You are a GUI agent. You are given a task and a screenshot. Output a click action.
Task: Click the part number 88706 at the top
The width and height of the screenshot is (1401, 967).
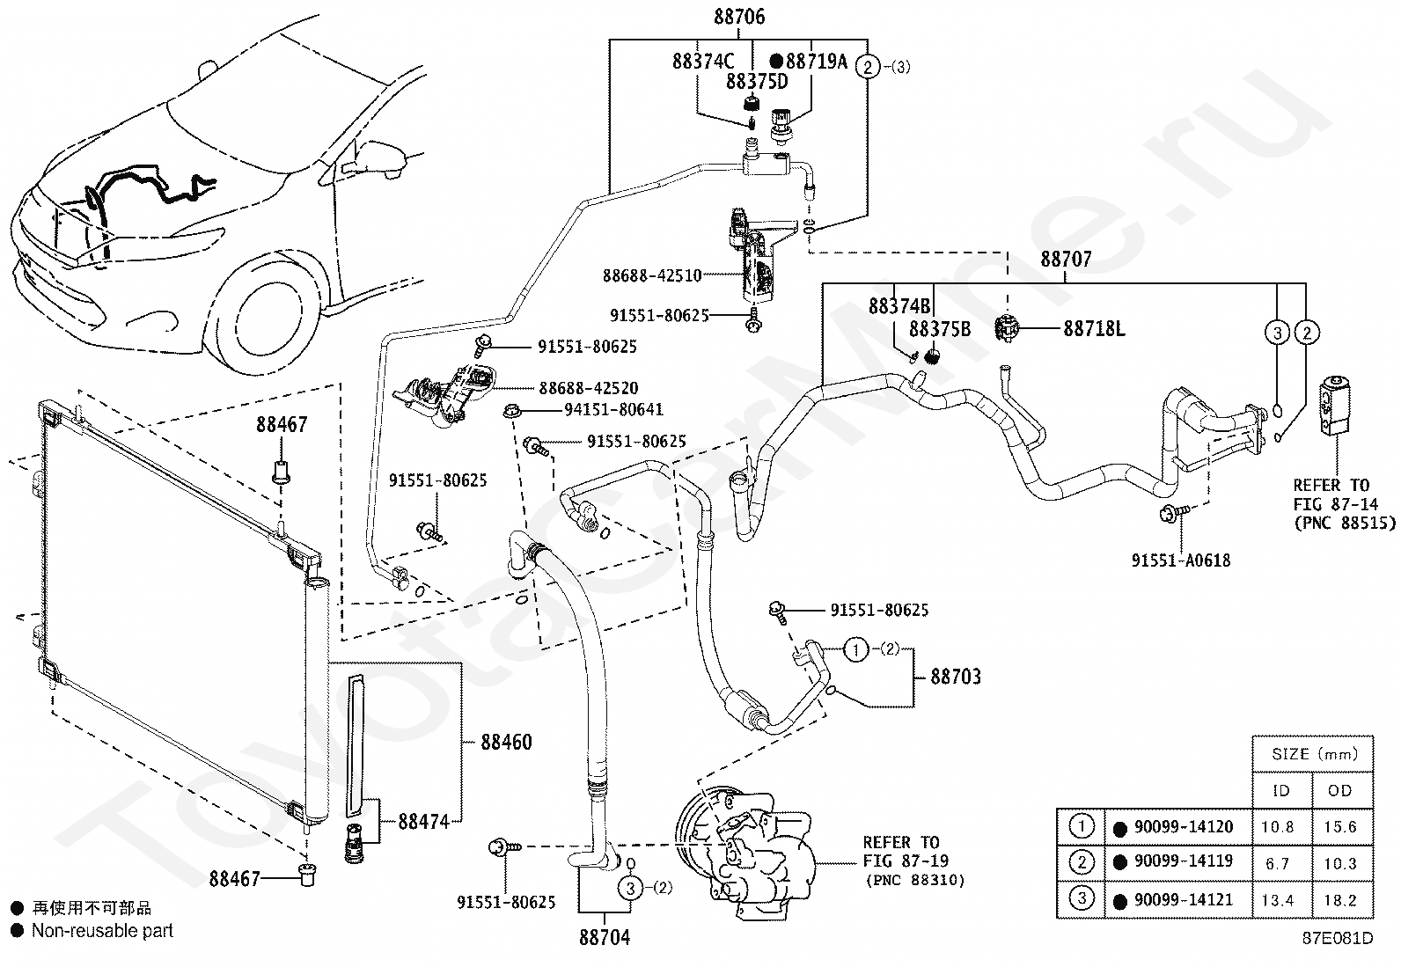tap(739, 17)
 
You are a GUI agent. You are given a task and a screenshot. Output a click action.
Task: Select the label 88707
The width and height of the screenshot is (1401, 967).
tap(1066, 259)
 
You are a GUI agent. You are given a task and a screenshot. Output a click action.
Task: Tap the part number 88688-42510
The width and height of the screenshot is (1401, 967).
tap(652, 275)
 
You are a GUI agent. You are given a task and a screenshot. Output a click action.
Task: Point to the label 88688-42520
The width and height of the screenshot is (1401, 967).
tap(589, 388)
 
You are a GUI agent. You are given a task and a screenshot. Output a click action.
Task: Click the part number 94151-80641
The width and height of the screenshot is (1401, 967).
tap(613, 410)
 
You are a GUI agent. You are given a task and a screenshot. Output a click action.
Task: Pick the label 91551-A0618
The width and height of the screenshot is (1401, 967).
tap(1181, 560)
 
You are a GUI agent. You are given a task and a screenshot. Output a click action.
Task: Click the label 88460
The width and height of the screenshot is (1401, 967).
tap(506, 743)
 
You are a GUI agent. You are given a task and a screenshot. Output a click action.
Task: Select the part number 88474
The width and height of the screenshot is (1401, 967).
tap(423, 821)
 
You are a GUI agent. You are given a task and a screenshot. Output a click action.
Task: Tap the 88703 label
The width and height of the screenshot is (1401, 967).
tap(956, 676)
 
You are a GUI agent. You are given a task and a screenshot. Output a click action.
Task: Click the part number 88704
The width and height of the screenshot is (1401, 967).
tap(605, 938)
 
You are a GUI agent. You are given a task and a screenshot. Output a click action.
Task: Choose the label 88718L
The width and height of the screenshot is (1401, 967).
tap(1094, 329)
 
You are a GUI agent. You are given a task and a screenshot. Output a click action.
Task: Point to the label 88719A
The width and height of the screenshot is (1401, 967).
tap(816, 62)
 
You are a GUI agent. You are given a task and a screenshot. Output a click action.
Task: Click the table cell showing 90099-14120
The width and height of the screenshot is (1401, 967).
tap(1184, 827)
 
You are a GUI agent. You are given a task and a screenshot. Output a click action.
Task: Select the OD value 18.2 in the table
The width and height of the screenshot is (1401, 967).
tap(1339, 901)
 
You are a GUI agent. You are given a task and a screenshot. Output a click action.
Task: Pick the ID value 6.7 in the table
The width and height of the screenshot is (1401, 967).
tap(1277, 864)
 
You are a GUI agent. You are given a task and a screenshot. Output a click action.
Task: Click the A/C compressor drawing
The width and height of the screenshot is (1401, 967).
tap(745, 852)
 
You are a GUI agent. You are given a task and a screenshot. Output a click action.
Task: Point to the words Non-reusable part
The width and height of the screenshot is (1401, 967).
tap(102, 931)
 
